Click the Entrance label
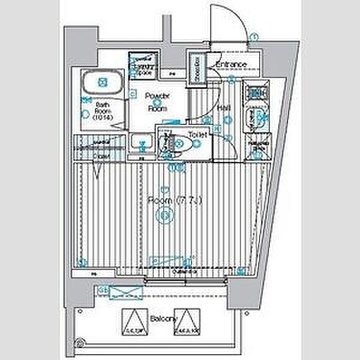[x=232, y=65]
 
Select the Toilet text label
[x=197, y=136]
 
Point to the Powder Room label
[x=157, y=102]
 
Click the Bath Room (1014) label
[x=102, y=112]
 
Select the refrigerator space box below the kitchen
[x=260, y=147]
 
